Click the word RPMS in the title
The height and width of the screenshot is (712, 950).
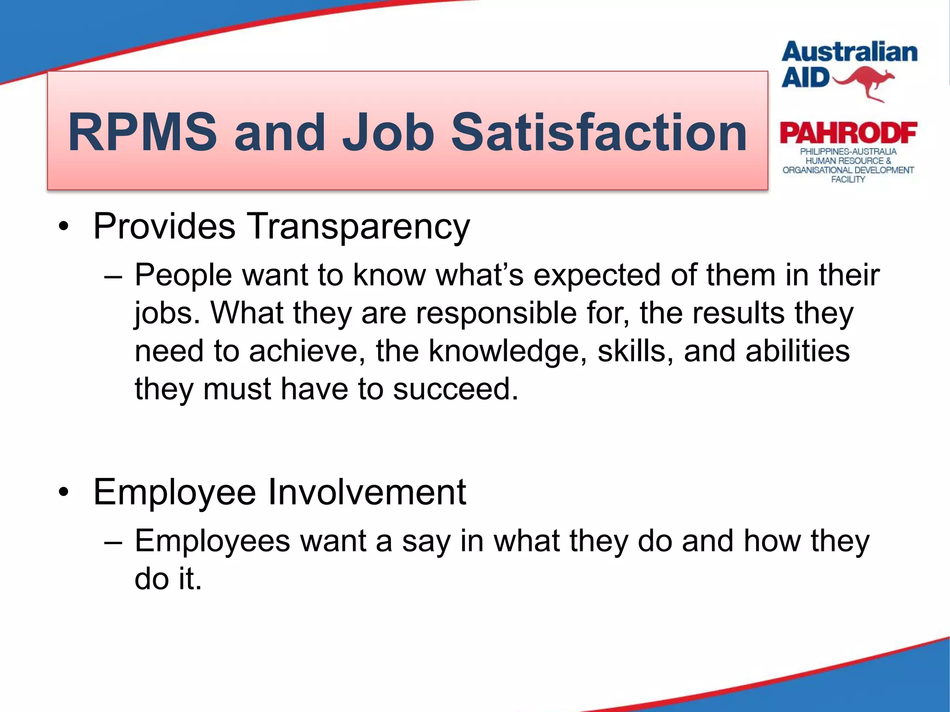pos(142,133)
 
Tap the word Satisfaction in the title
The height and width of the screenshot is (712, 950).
pos(599,133)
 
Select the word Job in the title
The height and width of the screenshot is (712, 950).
pos(388,133)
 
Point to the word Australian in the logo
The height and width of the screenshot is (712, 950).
pos(849,52)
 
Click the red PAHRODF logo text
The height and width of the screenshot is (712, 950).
pos(848,133)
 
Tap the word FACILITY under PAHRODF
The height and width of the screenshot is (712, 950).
pos(848,179)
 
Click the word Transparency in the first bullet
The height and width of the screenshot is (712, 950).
pos(358,227)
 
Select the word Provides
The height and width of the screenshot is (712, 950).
pos(164,227)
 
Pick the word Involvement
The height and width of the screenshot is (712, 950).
pos(367,492)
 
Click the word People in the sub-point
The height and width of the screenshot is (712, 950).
pos(183,275)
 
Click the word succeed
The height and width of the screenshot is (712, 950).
pos(456,389)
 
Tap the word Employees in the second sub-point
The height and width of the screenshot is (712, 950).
pos(212,541)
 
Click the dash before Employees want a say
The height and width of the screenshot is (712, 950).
pos(113,541)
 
